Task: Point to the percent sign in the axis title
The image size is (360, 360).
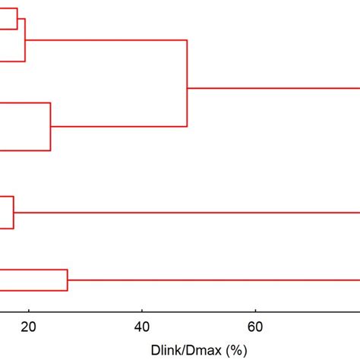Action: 238,350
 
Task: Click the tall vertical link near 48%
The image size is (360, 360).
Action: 187,83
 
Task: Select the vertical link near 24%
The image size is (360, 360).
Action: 51,127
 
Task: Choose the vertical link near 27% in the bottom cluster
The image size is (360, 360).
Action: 68,280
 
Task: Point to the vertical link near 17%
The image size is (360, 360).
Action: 13,212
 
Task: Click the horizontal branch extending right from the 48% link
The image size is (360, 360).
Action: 273,89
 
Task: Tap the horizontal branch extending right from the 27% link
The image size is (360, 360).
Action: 213,280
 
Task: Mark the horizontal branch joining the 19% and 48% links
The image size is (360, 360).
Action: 106,39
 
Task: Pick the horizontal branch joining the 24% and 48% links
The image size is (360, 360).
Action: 118,126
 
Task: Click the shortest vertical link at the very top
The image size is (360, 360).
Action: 17,18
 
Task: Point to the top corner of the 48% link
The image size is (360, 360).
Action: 187,39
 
